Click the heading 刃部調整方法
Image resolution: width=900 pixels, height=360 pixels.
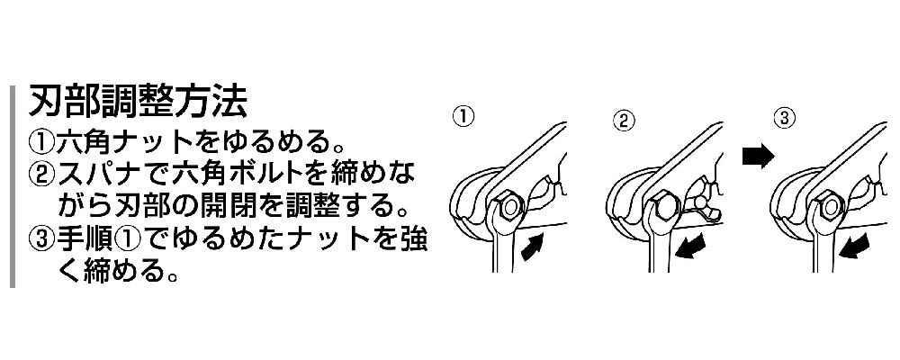pos(139,103)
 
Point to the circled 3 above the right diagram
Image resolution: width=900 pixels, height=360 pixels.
pos(784,118)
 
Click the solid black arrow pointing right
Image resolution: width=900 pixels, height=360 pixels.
pos(759,157)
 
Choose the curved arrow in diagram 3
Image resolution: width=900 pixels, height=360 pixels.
pos(853,247)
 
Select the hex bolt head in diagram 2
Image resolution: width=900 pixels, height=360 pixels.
pos(666,205)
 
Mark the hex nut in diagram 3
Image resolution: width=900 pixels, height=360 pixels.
pos(829,205)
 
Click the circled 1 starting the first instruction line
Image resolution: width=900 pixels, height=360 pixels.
pos(41,141)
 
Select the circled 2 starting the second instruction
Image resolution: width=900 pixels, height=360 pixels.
pos(41,174)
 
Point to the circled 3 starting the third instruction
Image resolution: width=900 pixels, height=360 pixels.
pos(41,238)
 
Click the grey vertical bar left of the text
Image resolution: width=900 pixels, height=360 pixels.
pos(12,186)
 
